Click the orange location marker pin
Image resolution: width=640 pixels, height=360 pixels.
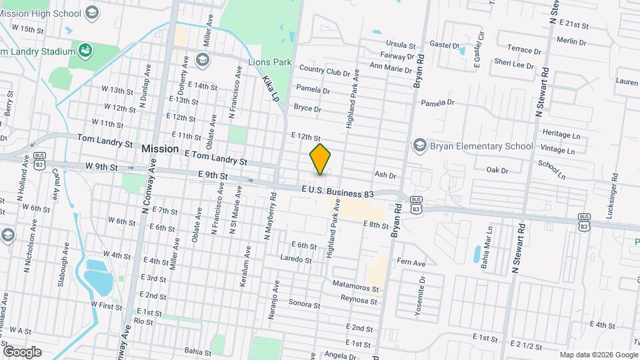321,159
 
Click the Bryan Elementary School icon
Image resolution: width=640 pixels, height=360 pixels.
420,145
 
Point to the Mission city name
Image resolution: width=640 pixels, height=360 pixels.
160,149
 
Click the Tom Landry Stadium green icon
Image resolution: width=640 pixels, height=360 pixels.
85,51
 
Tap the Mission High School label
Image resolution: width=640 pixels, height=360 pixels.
40,13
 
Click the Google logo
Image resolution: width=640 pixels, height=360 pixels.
22,351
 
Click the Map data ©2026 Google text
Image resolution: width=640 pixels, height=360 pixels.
598,355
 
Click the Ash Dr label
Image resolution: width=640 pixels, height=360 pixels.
385,175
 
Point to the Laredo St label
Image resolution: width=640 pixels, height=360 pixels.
295,259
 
